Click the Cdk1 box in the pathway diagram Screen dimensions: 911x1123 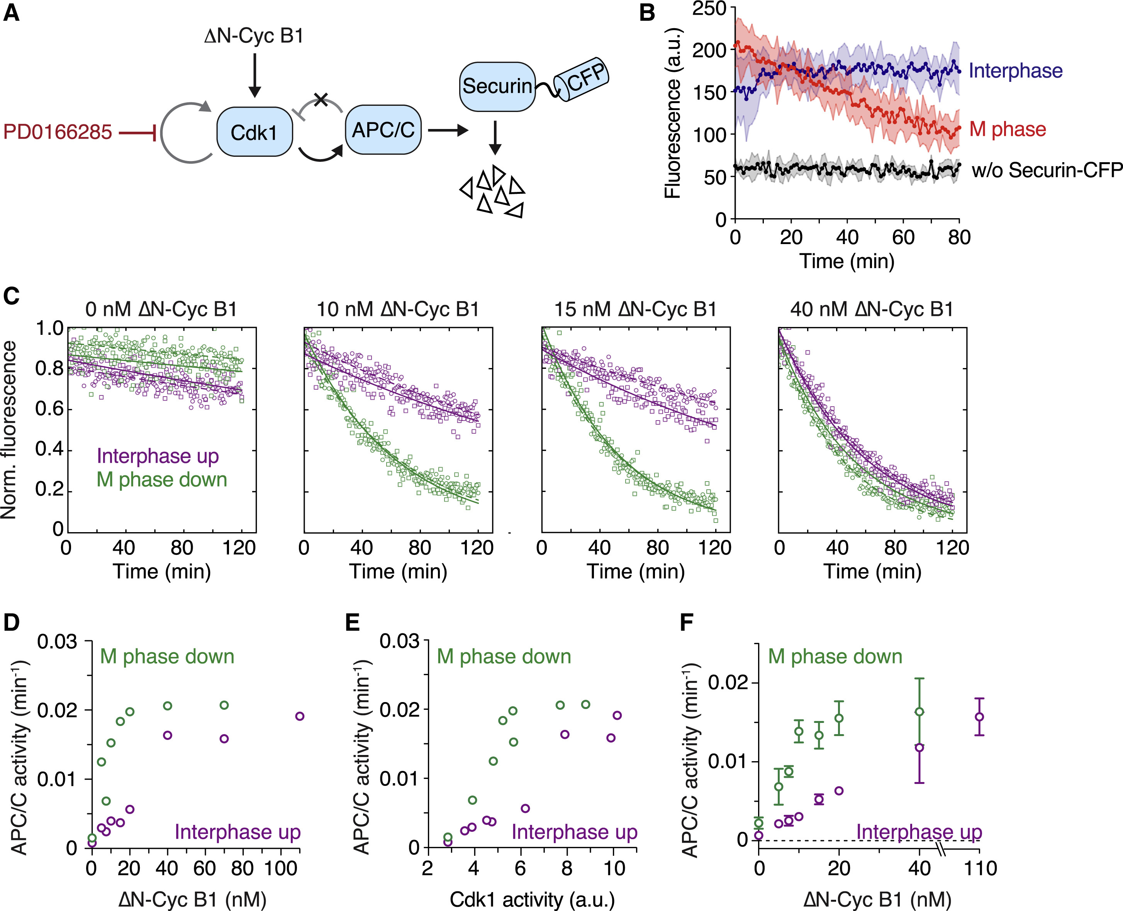click(254, 132)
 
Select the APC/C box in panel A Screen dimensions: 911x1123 click(383, 130)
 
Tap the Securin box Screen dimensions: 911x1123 click(496, 87)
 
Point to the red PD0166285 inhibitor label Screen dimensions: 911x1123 click(58, 132)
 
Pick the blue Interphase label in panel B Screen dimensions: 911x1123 click(1015, 70)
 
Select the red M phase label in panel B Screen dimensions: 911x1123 click(1008, 129)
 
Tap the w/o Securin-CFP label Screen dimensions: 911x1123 click(1047, 170)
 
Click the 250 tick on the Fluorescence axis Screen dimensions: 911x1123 click(709, 9)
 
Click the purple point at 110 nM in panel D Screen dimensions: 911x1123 click(300, 716)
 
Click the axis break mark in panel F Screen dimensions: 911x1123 click(942, 849)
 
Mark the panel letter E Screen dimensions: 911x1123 click(352, 623)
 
